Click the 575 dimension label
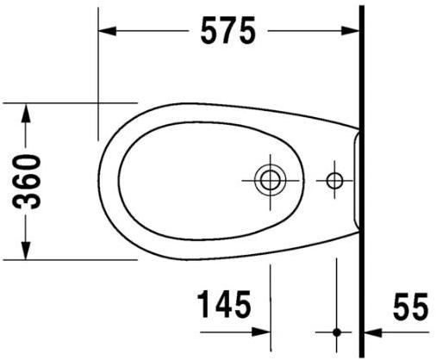228,31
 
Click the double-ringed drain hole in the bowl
271,180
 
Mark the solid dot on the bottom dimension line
336,331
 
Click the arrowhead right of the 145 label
262,331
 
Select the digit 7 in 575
228,31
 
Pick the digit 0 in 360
31,161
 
